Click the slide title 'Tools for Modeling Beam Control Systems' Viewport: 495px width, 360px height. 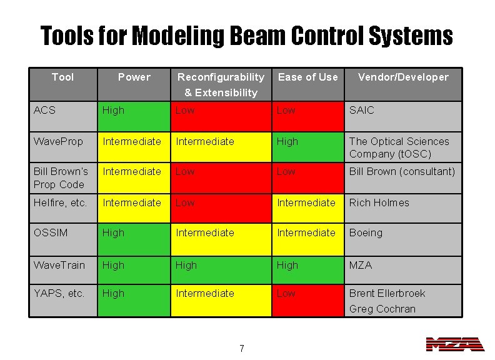(246, 36)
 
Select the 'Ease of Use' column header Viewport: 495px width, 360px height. (307, 77)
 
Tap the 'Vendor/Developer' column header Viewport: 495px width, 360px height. (403, 77)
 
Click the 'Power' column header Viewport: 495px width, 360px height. (134, 77)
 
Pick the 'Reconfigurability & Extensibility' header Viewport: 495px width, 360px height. (221, 85)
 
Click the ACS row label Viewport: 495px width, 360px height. (45, 111)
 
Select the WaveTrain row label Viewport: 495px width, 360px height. (59, 265)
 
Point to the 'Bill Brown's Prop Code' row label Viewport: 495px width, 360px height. (61, 178)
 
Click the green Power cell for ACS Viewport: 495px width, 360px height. (133, 116)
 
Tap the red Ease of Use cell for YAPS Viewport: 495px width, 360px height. (307, 300)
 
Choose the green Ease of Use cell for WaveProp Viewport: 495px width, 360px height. (307, 147)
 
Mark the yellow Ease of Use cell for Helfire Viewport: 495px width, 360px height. (307, 208)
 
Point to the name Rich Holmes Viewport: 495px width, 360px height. (379, 203)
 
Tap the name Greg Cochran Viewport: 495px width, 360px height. (382, 309)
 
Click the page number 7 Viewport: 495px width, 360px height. (242, 349)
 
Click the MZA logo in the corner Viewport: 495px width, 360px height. (455, 344)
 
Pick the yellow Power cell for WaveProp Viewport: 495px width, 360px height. (133, 147)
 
